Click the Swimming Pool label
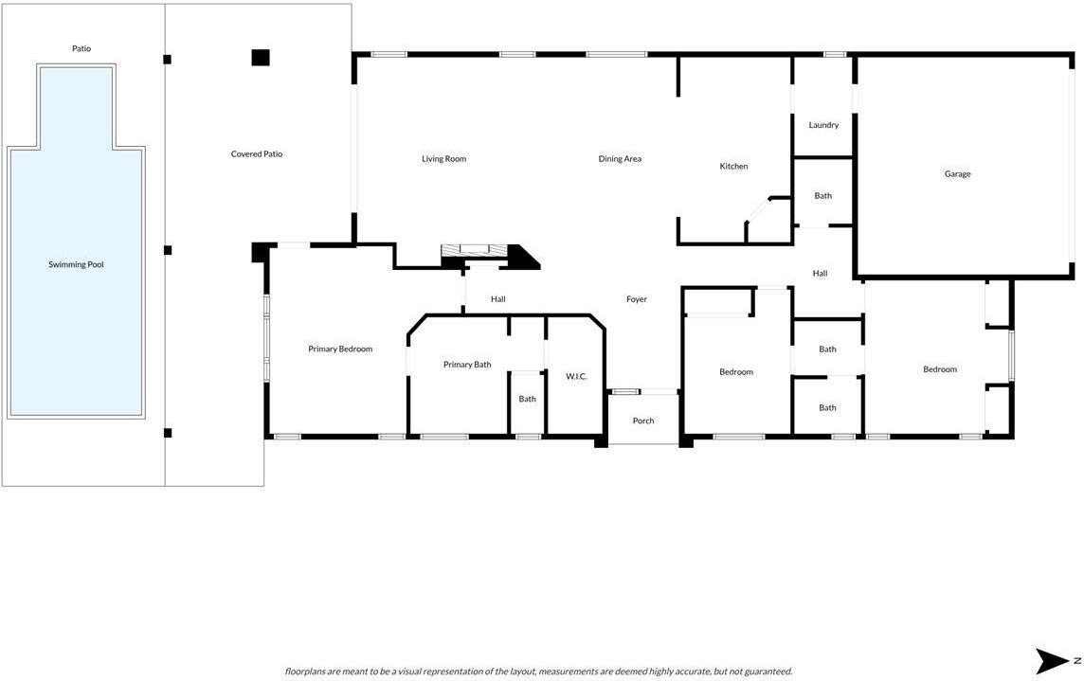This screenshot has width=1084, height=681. [x=76, y=264]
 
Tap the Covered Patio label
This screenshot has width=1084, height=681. [x=257, y=154]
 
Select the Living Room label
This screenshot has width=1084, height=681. [x=443, y=159]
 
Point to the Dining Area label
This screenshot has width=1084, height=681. [x=620, y=159]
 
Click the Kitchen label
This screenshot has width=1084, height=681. [x=733, y=166]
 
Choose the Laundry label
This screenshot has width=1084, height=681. [x=823, y=125]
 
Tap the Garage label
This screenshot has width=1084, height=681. [x=957, y=174]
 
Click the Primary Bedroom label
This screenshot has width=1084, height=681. [x=340, y=349]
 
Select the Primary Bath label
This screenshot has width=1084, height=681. [x=467, y=365]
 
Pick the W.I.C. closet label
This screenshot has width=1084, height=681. [x=576, y=376]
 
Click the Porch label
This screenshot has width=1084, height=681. [x=643, y=421]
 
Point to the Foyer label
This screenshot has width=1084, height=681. [x=637, y=299]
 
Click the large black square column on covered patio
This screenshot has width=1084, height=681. [x=260, y=58]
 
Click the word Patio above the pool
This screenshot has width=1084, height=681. [x=81, y=48]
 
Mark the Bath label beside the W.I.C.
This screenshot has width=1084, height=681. [x=527, y=399]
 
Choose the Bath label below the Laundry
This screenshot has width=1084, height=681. [x=822, y=196]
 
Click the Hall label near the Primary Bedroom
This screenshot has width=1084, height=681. [x=497, y=299]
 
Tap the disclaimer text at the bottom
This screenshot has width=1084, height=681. [x=538, y=672]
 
